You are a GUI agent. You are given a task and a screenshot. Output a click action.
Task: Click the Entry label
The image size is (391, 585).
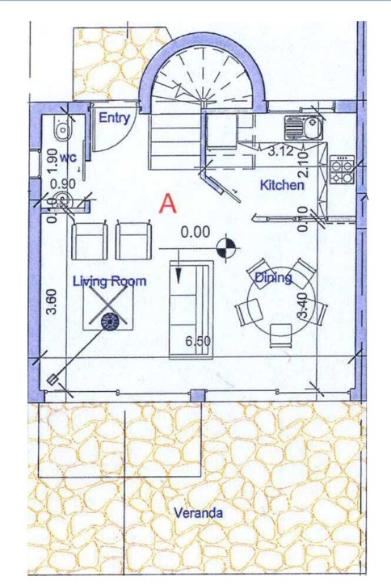tap(114, 118)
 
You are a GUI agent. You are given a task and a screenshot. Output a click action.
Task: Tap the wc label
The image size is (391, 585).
tap(69, 158)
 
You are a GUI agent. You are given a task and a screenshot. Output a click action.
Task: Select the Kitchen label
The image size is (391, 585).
tap(282, 185)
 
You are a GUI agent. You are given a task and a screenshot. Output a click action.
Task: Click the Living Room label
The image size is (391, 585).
tap(109, 281)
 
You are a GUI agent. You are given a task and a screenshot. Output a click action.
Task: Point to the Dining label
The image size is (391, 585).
tap(273, 278)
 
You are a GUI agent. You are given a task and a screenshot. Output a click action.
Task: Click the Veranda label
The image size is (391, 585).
tap(199, 512)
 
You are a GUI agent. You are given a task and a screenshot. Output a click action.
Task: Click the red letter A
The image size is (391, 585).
tap(168, 204)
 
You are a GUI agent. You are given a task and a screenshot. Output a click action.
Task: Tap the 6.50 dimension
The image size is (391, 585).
tap(198, 341)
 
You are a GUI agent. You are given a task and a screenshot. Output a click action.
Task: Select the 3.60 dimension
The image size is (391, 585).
tap(53, 302)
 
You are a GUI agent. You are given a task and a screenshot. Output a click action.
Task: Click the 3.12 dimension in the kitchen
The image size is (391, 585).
tap(280, 151)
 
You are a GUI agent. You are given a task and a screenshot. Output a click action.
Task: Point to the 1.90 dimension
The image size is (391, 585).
tap(53, 161)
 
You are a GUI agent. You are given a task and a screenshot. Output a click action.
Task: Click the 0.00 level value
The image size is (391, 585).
tap(195, 232)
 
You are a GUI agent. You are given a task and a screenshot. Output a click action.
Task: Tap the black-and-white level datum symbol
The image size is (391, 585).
tap(226, 246)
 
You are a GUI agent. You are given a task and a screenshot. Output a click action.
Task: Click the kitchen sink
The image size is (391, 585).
tap(303, 127)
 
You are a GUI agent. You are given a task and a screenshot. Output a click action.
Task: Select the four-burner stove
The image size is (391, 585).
tap(342, 170)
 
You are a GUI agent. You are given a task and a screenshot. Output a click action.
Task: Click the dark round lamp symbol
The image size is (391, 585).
tap(110, 322)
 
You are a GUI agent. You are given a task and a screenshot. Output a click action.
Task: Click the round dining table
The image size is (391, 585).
tap(281, 301)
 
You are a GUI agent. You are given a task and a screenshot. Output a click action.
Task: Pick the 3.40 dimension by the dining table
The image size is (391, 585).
tap(303, 305)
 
